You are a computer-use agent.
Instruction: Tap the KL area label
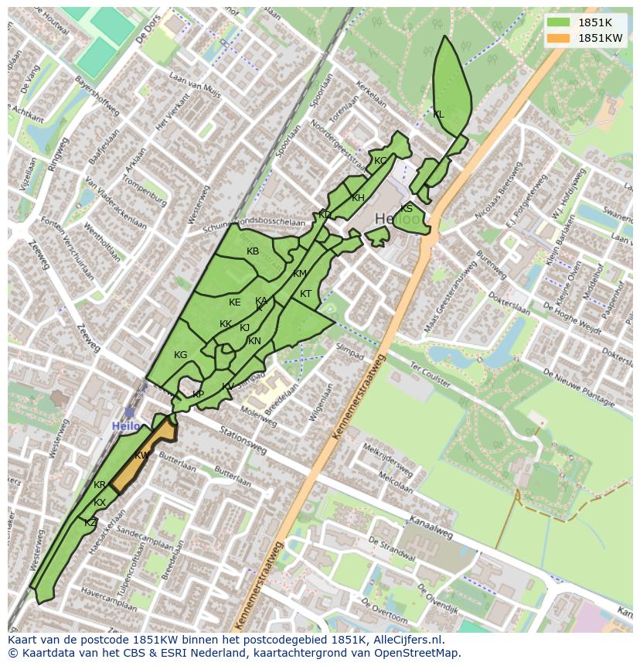pos(438,114)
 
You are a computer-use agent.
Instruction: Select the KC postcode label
pos(380,161)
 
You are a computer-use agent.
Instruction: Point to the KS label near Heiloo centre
pos(407,209)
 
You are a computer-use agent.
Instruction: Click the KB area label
pos(253,251)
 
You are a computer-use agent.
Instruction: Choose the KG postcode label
pos(180,355)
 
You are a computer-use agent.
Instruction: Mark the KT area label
pos(305,294)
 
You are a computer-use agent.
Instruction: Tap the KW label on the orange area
pos(142,456)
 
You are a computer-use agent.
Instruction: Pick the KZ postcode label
pos(90,523)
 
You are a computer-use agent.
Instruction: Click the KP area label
pos(199,394)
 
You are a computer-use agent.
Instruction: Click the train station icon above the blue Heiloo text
pos(129,413)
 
